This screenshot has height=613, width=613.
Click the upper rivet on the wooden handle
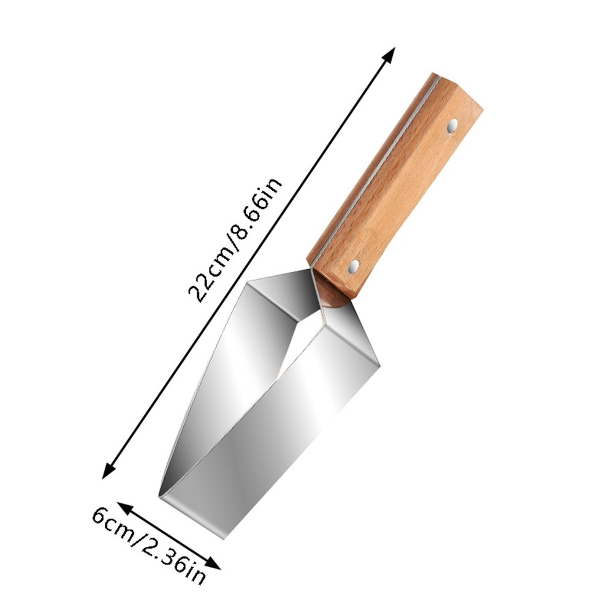tap(453, 126)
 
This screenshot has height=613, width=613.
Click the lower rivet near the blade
tap(354, 267)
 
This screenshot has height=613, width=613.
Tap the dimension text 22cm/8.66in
tap(235, 240)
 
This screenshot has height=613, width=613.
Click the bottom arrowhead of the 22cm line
tap(109, 471)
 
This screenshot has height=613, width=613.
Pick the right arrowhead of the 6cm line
tap(213, 563)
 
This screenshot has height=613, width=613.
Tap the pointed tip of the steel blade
tap(159, 497)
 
